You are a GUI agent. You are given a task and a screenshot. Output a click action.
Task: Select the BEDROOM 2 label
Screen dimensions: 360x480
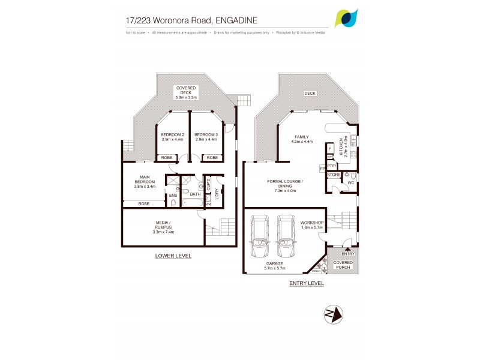tap(173, 135)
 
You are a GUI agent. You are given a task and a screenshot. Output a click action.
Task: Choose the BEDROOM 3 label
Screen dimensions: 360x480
tap(206, 135)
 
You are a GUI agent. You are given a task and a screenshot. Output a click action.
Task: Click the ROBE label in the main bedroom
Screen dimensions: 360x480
tap(143, 203)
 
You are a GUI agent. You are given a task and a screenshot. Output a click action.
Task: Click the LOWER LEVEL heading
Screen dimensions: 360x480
tap(173, 256)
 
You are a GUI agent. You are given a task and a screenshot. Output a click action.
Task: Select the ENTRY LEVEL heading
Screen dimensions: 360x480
tap(306, 283)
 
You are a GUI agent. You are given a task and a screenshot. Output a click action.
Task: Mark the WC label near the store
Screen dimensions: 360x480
tap(350, 182)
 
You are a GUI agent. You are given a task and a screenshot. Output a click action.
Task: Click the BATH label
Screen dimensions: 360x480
tap(195, 194)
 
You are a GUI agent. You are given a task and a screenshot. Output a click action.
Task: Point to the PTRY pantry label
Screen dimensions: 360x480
tap(331, 166)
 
